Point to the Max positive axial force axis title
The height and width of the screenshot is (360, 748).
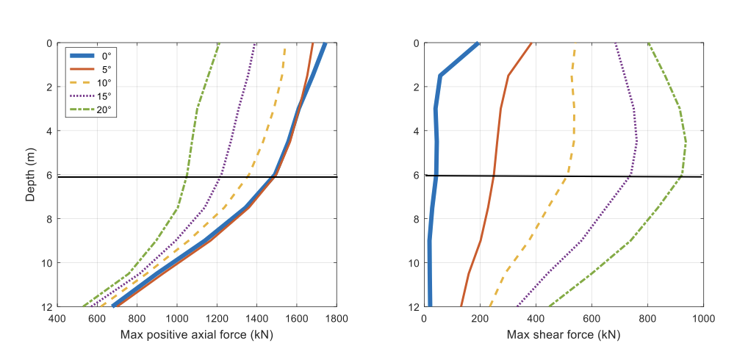coord(196,335)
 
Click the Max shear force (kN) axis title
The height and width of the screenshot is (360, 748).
coord(563,335)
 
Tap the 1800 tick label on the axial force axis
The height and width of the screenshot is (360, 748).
coord(337,320)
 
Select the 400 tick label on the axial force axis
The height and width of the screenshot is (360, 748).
coord(56,320)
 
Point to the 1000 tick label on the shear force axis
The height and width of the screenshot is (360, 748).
coord(703,320)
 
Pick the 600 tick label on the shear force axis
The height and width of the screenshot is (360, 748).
coord(591,320)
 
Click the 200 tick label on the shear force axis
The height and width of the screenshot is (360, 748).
coord(480,320)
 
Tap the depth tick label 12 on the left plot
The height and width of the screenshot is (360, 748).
coord(45,307)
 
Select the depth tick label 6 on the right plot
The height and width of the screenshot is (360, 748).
coord(417,175)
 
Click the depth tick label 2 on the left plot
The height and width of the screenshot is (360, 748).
coord(48,87)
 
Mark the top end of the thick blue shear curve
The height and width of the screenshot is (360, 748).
coord(478,43)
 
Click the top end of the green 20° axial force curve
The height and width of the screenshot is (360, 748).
coord(219,43)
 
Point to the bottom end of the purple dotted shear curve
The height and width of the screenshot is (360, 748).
coord(517,306)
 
